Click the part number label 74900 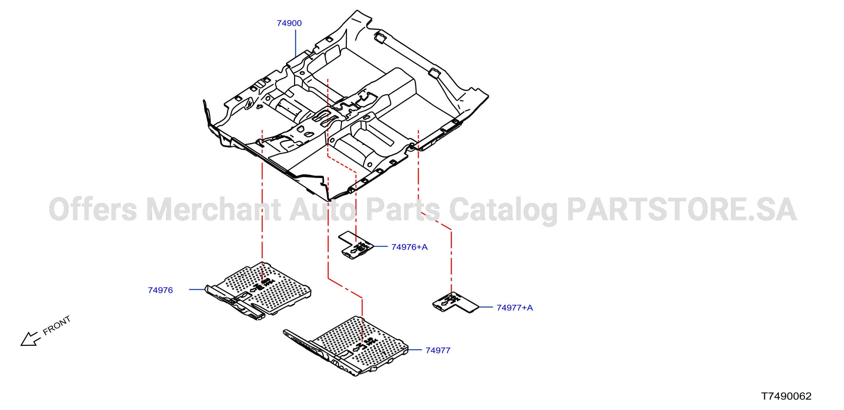tap(289, 23)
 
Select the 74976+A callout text tap(410, 247)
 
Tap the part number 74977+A tap(515, 307)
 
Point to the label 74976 tap(160, 290)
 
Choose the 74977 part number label tap(438, 350)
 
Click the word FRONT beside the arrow tap(57, 325)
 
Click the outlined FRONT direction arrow tap(30, 339)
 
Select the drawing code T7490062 tap(786, 396)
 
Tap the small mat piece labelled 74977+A tap(455, 303)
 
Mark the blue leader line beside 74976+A tap(380, 246)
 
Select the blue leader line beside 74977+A tap(486, 307)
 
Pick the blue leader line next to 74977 tap(415, 350)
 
